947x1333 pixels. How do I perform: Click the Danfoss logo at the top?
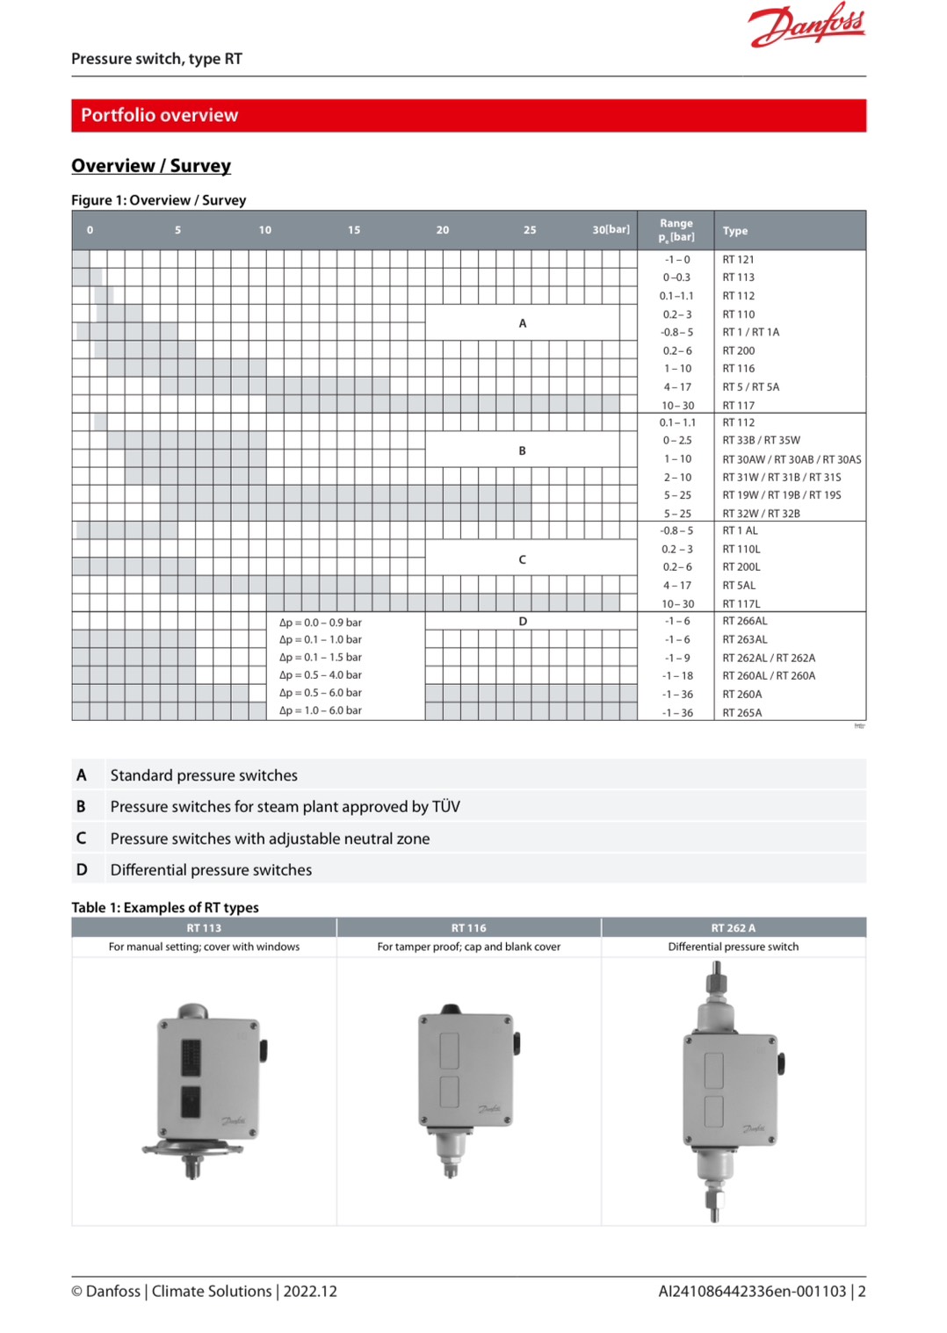pyautogui.click(x=806, y=25)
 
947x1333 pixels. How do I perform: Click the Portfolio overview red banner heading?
pyautogui.click(x=159, y=115)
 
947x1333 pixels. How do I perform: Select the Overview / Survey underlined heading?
pyautogui.click(x=151, y=166)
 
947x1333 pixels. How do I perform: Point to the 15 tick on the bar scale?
pyautogui.click(x=354, y=230)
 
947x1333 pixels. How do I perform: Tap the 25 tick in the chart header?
pyautogui.click(x=530, y=230)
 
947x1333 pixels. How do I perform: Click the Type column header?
pyautogui.click(x=735, y=231)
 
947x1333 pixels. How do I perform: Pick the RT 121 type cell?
pyautogui.click(x=738, y=260)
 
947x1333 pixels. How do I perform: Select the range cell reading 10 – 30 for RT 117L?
pyautogui.click(x=677, y=604)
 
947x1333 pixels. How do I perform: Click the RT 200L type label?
pyautogui.click(x=741, y=567)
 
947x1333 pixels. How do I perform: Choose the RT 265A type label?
pyautogui.click(x=742, y=713)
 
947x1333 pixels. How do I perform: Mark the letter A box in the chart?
pyautogui.click(x=523, y=323)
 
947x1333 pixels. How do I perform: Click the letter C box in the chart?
pyautogui.click(x=523, y=559)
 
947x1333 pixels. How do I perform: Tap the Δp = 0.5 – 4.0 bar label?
pyautogui.click(x=321, y=675)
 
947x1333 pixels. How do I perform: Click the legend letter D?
pyautogui.click(x=82, y=869)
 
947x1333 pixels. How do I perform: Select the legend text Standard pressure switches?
pyautogui.click(x=204, y=775)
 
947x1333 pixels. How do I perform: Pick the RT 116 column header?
pyautogui.click(x=468, y=928)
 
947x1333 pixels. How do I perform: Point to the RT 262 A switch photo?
pyautogui.click(x=731, y=1089)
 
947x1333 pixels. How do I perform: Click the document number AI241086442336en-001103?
pyautogui.click(x=752, y=1291)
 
